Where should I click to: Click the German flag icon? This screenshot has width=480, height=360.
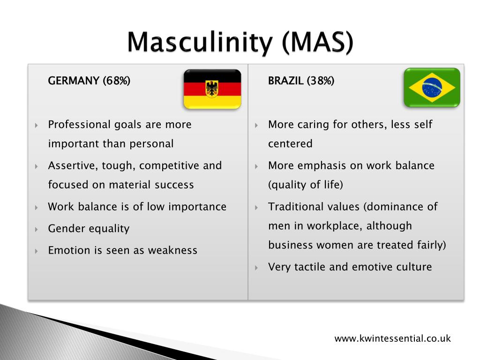point(212,89)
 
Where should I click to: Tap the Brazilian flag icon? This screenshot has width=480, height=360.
point(432,88)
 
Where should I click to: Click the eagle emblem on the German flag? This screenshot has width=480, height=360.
point(212,88)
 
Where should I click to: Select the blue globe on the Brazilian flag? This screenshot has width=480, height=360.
point(432,88)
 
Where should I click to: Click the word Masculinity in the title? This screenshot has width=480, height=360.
point(199,44)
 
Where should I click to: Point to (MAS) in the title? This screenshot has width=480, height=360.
point(317,44)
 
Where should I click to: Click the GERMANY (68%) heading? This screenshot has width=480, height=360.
point(89,81)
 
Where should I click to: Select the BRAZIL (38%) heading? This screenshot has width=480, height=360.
point(301,81)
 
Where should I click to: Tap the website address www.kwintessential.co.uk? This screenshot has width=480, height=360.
point(392,338)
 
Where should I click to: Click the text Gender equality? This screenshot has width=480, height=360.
point(89,229)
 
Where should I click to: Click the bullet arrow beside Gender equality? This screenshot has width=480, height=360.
point(37,229)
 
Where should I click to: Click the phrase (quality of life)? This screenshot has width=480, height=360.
point(306,185)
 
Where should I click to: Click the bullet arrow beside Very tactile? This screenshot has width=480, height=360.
point(256,268)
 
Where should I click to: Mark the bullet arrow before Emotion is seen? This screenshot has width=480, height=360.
point(37,251)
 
